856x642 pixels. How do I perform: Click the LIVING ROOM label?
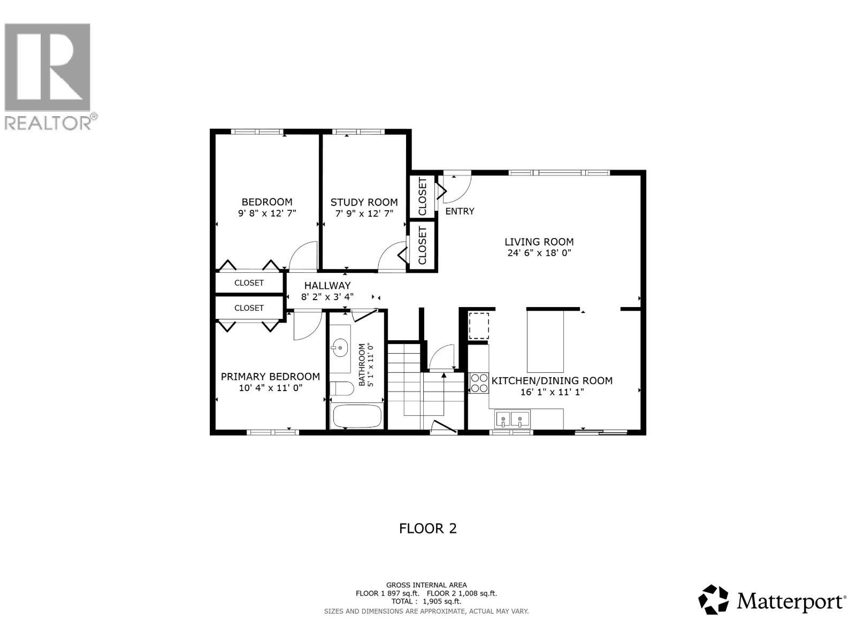(539, 242)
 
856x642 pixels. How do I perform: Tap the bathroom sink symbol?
(339, 348)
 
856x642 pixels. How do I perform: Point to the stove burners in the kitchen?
(478, 383)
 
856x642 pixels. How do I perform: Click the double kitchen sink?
(512, 418)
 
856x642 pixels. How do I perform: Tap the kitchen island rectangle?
(545, 342)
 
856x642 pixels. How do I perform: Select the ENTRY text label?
(460, 211)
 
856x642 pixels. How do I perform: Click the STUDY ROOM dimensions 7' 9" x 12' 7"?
(364, 213)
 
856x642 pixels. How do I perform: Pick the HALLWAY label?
(327, 286)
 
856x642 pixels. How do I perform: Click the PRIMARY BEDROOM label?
(270, 377)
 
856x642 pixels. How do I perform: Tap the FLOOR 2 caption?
(427, 529)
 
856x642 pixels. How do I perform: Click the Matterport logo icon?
(714, 600)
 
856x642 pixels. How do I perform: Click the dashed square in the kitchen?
(479, 326)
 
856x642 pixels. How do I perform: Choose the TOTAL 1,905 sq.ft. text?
(426, 601)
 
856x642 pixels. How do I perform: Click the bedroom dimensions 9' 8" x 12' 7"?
(267, 213)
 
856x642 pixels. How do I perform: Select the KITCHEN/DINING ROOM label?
(552, 381)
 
